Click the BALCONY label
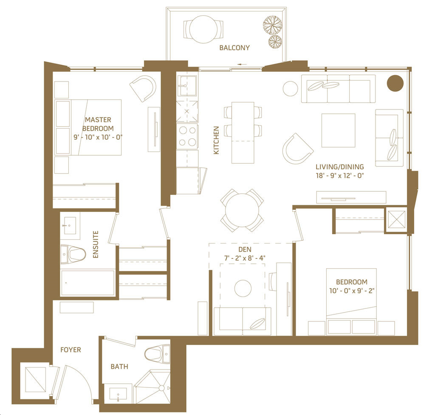click(x=234, y=48)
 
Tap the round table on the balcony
click(x=203, y=29)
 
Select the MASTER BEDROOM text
click(x=98, y=124)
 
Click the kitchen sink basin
click(x=187, y=82)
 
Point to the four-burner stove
click(x=187, y=136)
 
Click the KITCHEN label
click(x=216, y=140)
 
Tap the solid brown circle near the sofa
click(x=395, y=83)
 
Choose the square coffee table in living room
click(x=338, y=130)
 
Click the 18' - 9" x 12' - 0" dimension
click(x=340, y=175)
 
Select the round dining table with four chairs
click(x=242, y=210)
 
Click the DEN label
click(x=245, y=250)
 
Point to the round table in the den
click(x=243, y=288)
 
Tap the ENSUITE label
click(x=96, y=244)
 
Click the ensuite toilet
click(x=73, y=253)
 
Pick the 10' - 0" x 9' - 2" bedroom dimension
click(x=352, y=291)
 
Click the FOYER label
click(x=71, y=350)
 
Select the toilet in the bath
click(x=157, y=354)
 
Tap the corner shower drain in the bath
click(x=161, y=388)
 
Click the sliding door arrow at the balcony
click(x=242, y=64)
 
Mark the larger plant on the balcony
click(x=273, y=25)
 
